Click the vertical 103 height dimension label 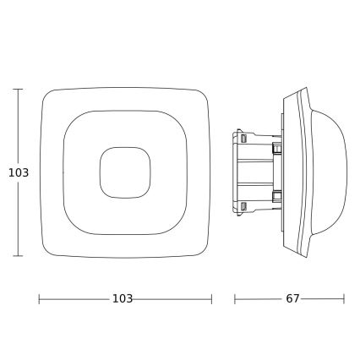tap(18, 172)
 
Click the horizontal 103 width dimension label tap(123, 299)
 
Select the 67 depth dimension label tap(292, 299)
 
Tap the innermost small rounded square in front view tap(125, 172)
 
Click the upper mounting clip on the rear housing tap(276, 149)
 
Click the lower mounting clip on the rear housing tap(276, 196)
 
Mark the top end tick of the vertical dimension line tap(18, 89)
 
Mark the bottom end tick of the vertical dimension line tap(18, 255)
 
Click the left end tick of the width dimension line tap(40, 299)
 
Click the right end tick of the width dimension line tap(211, 299)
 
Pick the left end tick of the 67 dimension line tap(235, 299)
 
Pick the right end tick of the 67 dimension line tap(344, 299)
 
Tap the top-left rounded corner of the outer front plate tap(47, 95)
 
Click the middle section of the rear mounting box tap(258, 172)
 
